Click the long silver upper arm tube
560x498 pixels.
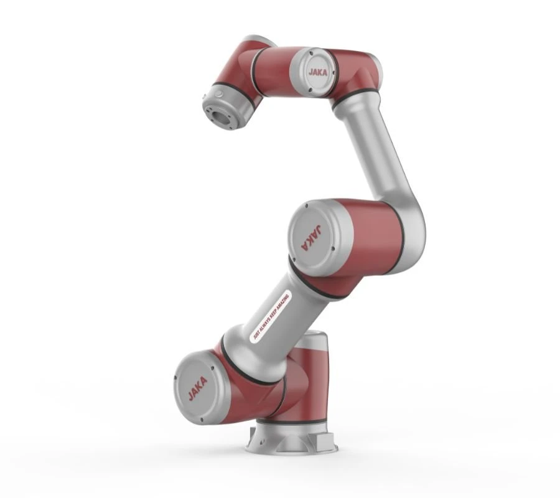click(x=373, y=149)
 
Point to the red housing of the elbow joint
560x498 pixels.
click(x=367, y=237)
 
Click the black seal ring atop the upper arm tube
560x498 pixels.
click(x=355, y=100)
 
